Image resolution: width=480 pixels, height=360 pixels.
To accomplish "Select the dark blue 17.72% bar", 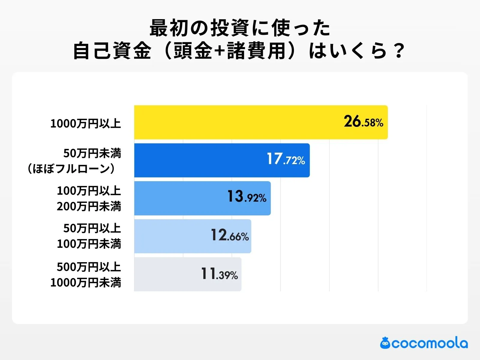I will tap(198, 160).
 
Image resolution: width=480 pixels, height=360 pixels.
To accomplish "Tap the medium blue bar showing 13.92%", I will tap(180, 198).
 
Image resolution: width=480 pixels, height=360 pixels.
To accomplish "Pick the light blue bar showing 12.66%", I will tap(171, 236).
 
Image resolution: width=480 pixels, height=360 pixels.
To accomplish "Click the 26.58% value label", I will tap(363, 122).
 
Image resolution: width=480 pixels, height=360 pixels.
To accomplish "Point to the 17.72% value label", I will tap(286, 159).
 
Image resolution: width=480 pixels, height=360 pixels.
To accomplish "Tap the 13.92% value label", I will tap(247, 197).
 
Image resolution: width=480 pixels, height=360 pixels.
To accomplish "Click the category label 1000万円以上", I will tap(85, 124).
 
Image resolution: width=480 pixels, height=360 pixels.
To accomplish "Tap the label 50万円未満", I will tap(92, 153).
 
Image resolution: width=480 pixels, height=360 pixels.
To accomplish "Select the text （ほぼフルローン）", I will tap(71, 169).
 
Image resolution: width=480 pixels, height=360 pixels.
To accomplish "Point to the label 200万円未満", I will tap(89, 206).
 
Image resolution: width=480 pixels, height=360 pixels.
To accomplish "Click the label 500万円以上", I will tap(89, 267).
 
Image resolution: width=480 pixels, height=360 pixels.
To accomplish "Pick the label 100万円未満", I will tap(89, 244).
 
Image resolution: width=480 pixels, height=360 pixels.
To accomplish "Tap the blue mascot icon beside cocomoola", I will tap(385, 343).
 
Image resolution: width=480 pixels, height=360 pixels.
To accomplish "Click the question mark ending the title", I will tap(399, 51).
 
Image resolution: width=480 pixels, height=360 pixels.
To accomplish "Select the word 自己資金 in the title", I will tap(112, 51).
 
